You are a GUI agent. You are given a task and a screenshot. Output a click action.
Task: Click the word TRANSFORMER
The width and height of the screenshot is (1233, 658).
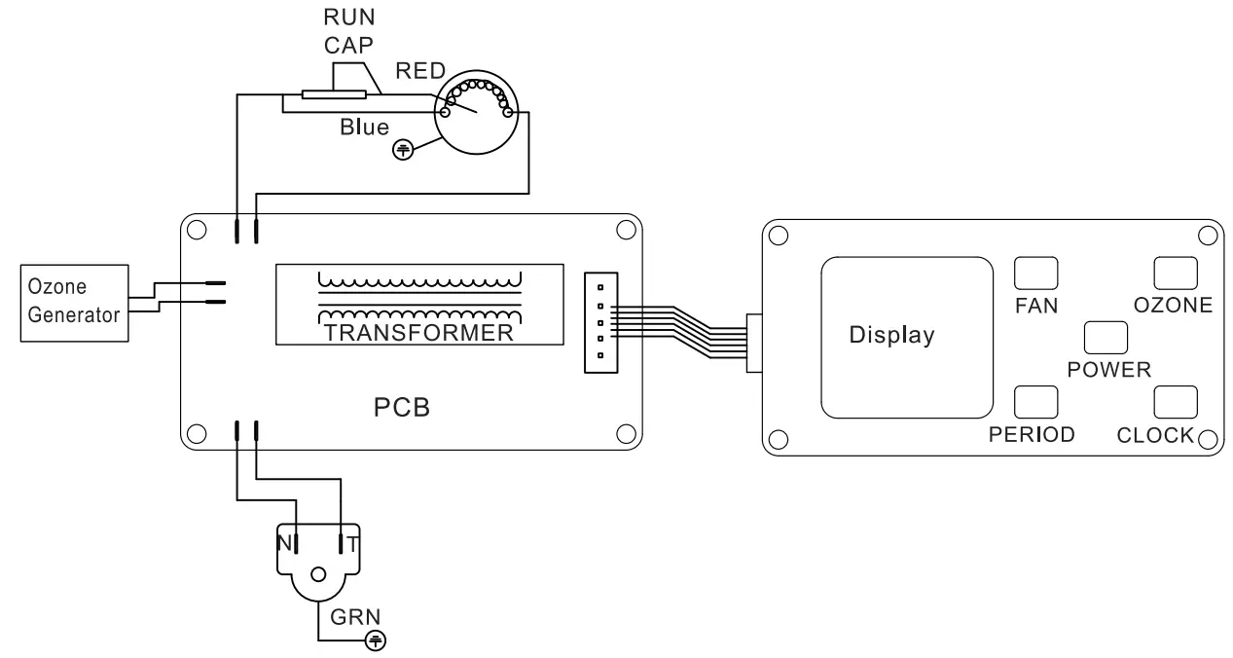pos(418,334)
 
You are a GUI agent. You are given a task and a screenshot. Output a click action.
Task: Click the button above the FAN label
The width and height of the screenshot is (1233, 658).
pos(1035,273)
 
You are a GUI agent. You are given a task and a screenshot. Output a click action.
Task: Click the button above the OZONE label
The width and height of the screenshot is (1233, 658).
pos(1174,273)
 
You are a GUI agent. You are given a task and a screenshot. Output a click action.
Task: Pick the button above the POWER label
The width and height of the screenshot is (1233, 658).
pos(1105,337)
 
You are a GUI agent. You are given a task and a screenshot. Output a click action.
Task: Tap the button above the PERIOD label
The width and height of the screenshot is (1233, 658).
pos(1035,401)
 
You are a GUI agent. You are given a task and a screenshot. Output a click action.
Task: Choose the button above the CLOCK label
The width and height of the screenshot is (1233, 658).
pos(1174,401)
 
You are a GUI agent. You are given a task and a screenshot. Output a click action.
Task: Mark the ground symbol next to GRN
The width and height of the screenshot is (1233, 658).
pos(375,640)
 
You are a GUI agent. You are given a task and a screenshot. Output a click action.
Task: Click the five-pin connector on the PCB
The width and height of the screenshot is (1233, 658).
pos(600,322)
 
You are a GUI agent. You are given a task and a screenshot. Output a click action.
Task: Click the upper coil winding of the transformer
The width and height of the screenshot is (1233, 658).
pos(418,280)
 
